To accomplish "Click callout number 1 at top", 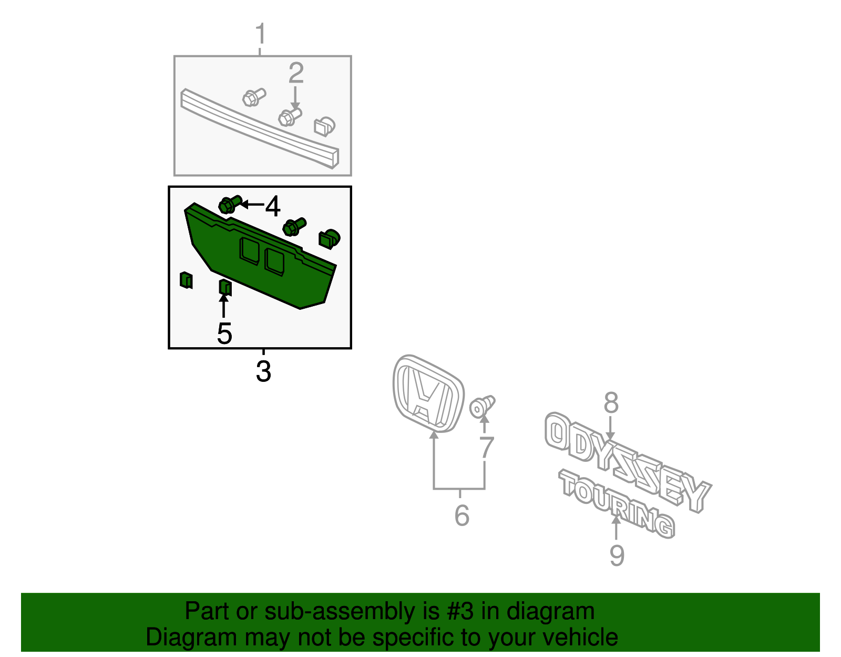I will (x=260, y=34).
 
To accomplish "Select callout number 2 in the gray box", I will (x=296, y=74).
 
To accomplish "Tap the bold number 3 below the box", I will (x=263, y=371).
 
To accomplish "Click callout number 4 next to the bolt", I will (x=272, y=206).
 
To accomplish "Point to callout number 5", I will (x=224, y=333).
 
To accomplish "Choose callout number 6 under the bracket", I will (x=461, y=515).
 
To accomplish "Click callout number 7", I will (x=486, y=448).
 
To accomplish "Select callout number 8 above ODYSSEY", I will (x=611, y=403).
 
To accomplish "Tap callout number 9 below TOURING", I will (x=617, y=555).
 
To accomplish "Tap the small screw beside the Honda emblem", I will (x=482, y=407).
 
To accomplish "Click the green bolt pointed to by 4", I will (x=229, y=204).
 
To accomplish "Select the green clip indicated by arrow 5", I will (x=225, y=287).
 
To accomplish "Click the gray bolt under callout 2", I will (x=289, y=117).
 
